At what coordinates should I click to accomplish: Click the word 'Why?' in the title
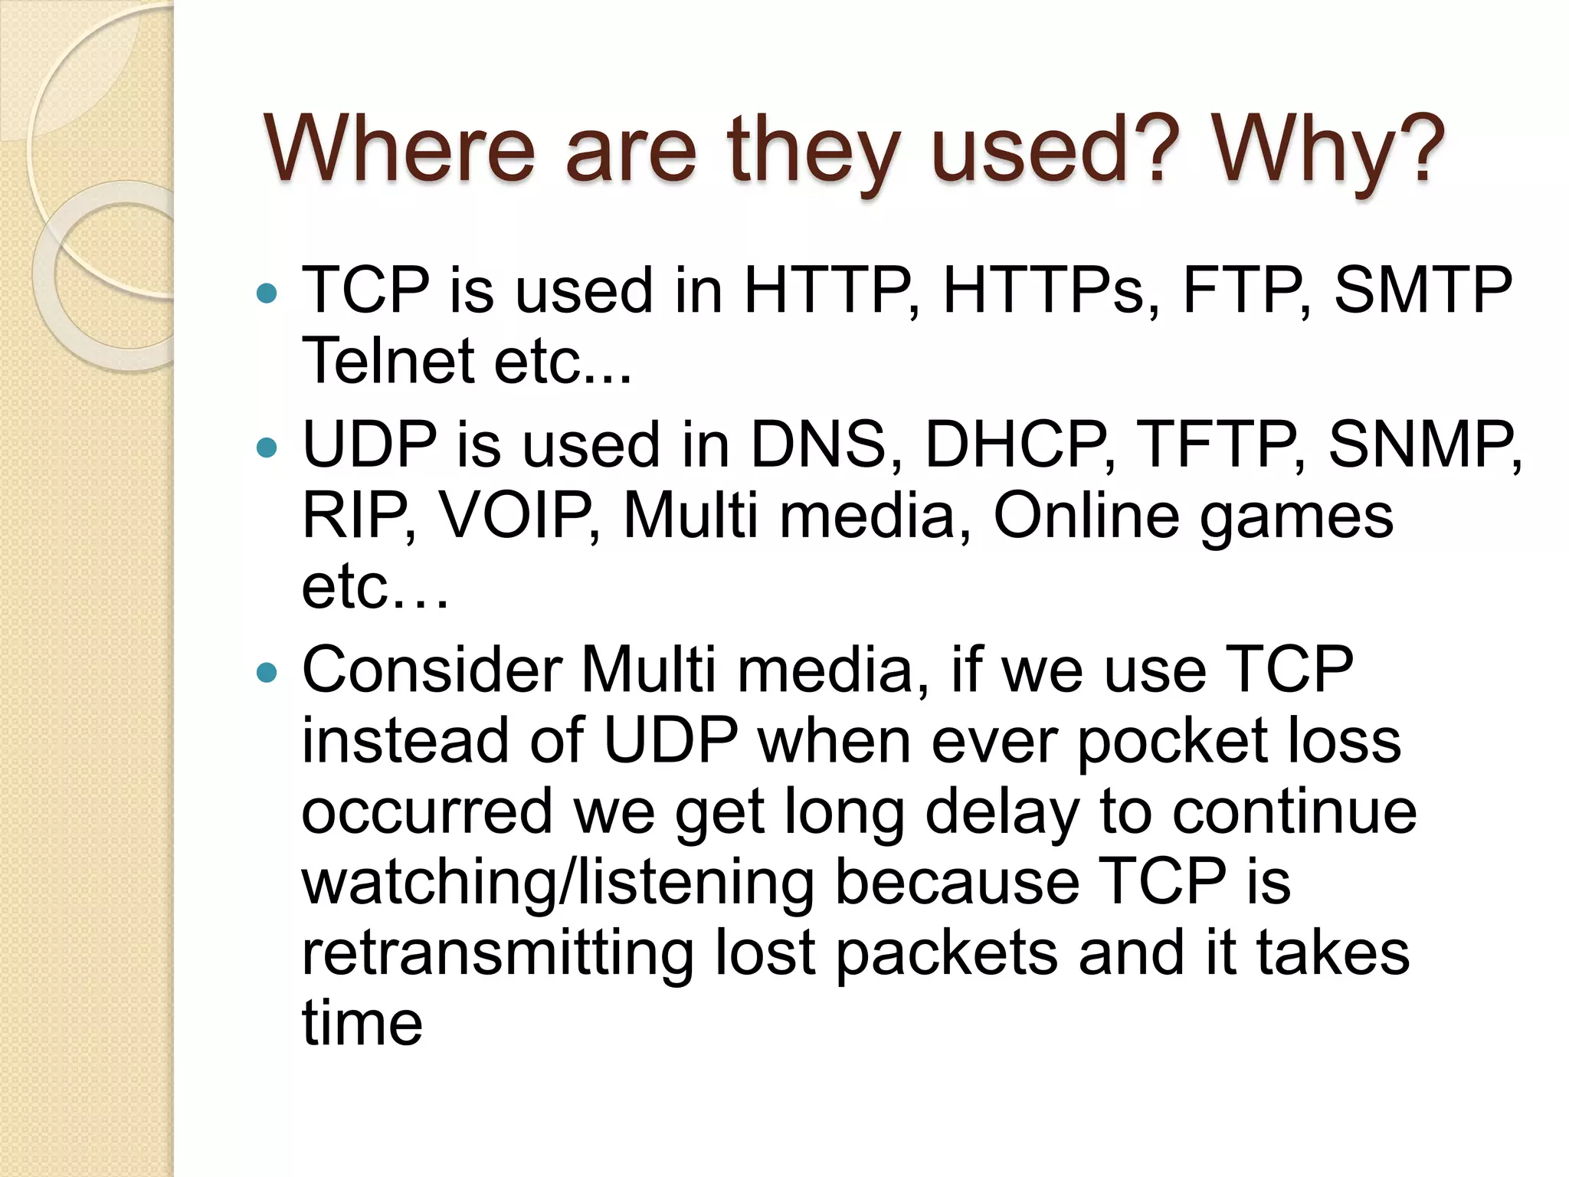tap(1329, 149)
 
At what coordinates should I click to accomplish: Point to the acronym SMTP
tap(1423, 290)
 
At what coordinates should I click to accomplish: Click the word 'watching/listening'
tap(558, 884)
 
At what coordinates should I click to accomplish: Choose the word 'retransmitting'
tap(498, 954)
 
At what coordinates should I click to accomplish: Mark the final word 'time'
tap(362, 1024)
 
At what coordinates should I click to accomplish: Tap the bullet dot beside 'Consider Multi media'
tap(267, 673)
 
